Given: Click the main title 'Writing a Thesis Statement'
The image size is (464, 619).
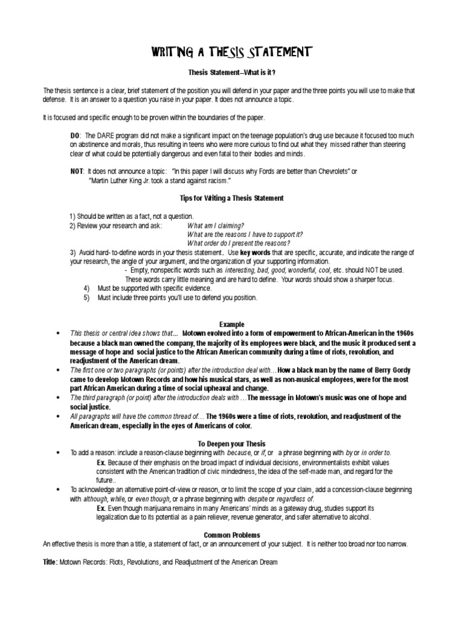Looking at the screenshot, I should pos(231,53).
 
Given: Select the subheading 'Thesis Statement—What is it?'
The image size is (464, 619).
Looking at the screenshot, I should pos(231,73).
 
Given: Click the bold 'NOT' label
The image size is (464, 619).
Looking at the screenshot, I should pos(77,172).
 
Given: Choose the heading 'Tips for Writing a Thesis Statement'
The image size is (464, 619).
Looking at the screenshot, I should pos(231,198).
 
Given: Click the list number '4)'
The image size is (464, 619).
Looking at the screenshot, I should pos(87,288).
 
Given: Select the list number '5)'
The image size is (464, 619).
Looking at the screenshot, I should pos(87,297).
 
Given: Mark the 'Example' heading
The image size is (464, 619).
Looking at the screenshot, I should pos(231,324).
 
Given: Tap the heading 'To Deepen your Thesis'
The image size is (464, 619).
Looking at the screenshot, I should pos(231,443).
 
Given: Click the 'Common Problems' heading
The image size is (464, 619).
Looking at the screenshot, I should pos(231,535).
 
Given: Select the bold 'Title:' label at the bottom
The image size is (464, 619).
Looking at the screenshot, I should pos(50,562).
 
